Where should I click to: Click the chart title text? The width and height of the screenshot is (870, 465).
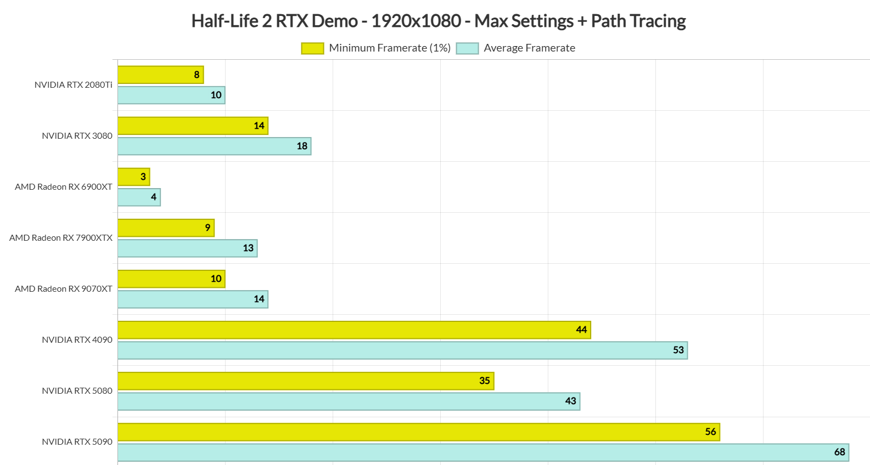pos(438,21)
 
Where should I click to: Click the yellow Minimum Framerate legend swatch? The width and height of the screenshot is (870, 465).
pos(312,48)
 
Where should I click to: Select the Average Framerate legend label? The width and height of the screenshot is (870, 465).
pos(529,48)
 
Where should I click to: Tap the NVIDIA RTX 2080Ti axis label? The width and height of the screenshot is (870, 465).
pos(73,85)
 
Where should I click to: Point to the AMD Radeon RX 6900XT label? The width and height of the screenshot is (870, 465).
pos(63,187)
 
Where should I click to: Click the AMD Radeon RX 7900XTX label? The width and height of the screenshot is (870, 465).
pos(60,238)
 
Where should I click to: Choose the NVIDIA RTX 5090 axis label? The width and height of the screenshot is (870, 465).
pos(77,442)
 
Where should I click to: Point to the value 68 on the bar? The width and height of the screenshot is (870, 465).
pos(839,452)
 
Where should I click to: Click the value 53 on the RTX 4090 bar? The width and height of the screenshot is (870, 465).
pos(678,350)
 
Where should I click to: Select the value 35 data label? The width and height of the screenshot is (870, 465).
pos(484,381)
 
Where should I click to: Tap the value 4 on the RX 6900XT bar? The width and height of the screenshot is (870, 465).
pos(154,197)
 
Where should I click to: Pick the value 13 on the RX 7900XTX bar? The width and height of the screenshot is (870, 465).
pos(248,248)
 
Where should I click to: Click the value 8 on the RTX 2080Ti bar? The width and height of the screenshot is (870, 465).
pos(197,75)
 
